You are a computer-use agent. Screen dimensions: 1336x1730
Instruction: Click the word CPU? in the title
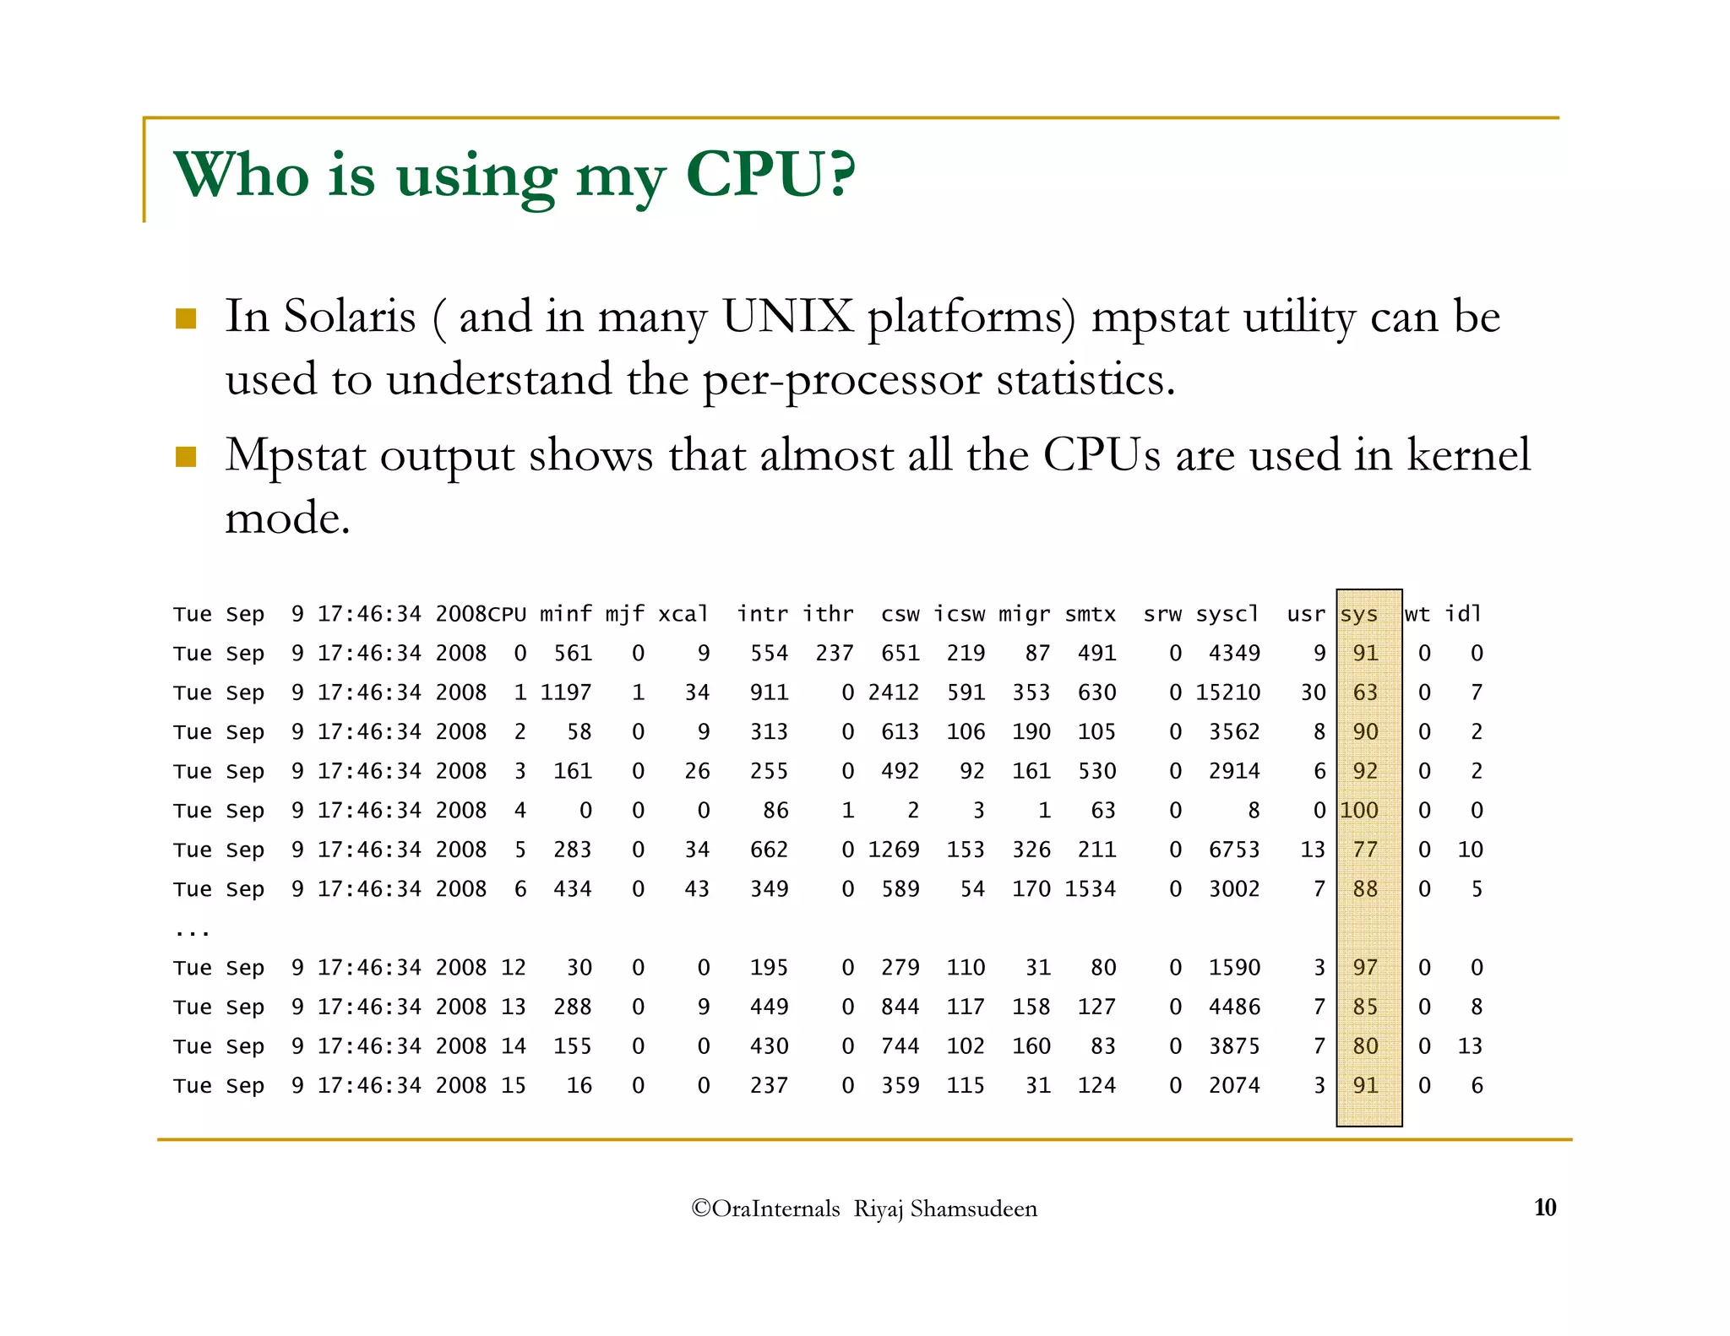click(x=770, y=176)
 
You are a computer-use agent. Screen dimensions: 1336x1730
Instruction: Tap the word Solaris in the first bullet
click(x=349, y=318)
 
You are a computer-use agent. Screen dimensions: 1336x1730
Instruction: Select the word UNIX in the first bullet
click(x=787, y=318)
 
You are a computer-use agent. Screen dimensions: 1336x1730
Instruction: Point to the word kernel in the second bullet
click(x=1468, y=455)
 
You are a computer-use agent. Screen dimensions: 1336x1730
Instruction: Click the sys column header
click(x=1358, y=614)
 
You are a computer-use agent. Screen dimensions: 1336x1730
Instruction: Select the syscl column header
click(x=1227, y=614)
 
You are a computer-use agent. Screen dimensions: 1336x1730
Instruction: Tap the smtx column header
click(x=1090, y=614)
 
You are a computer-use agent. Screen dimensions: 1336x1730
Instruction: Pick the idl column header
click(x=1463, y=614)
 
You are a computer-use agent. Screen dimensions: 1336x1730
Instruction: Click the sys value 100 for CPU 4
click(x=1358, y=811)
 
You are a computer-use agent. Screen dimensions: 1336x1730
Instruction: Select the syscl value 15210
click(x=1227, y=692)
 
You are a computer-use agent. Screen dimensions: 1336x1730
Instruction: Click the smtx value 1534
click(x=1090, y=889)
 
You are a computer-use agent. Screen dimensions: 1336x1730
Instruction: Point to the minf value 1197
click(x=566, y=692)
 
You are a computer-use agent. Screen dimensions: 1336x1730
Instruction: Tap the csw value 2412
click(x=893, y=692)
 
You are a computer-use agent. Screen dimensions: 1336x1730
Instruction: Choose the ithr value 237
click(x=834, y=654)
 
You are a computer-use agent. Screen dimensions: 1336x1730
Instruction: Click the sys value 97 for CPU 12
click(x=1365, y=968)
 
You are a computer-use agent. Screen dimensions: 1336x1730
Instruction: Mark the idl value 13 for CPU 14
click(x=1470, y=1046)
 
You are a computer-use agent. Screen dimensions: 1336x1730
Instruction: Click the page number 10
click(x=1544, y=1208)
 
